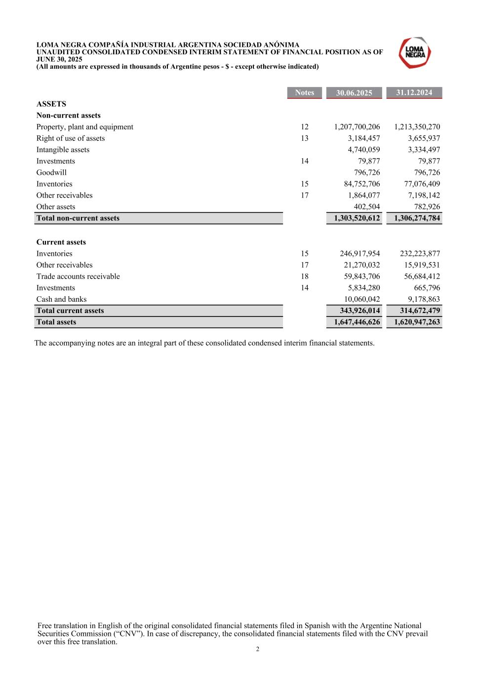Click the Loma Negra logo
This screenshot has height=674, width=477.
tap(415, 53)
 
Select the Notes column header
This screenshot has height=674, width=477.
tap(304, 93)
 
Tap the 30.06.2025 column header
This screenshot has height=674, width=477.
tap(354, 93)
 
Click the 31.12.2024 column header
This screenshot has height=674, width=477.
tap(414, 93)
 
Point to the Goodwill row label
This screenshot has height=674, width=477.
tap(51, 172)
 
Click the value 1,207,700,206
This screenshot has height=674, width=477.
tap(357, 127)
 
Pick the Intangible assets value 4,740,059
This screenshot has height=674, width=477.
tap(364, 150)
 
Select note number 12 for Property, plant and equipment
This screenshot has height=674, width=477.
tap(305, 127)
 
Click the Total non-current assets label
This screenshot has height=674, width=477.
tap(78, 218)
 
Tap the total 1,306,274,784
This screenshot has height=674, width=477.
tap(417, 218)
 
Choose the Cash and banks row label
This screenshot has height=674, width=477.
tap(61, 299)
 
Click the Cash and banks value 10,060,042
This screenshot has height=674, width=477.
tap(362, 299)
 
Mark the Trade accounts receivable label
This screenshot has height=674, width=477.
tap(78, 277)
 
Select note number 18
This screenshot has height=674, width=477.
tap(305, 277)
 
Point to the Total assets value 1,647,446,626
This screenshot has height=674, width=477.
tap(357, 322)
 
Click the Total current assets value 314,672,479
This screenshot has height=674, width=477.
tap(420, 311)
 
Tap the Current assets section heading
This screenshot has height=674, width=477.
tap(61, 242)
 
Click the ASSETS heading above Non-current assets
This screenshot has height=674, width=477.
tap(51, 104)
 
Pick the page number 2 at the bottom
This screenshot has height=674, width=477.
tap(257, 649)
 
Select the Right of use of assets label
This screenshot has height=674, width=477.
tap(71, 138)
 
